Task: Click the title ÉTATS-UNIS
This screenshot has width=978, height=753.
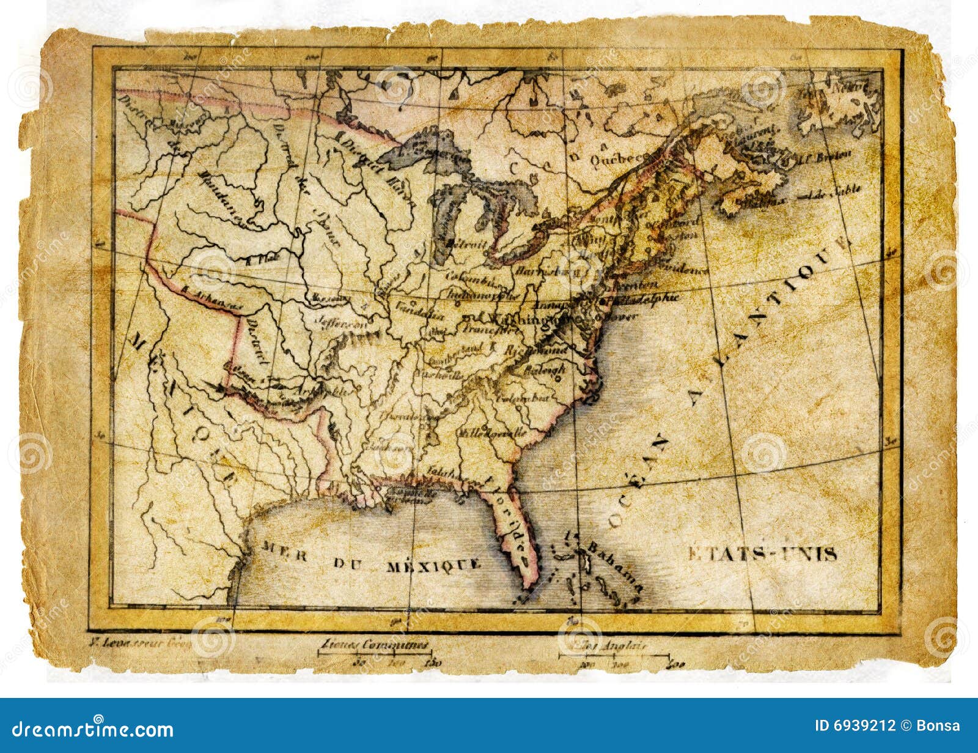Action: (762, 554)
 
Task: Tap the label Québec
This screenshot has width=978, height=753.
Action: (617, 158)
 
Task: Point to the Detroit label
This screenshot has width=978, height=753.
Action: (466, 243)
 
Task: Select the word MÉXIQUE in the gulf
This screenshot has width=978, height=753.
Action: (433, 565)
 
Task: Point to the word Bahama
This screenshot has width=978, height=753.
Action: (614, 564)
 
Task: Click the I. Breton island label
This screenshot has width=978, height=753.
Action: (822, 157)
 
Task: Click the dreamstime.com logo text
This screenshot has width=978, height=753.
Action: (93, 729)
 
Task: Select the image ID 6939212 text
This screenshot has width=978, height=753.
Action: (855, 726)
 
